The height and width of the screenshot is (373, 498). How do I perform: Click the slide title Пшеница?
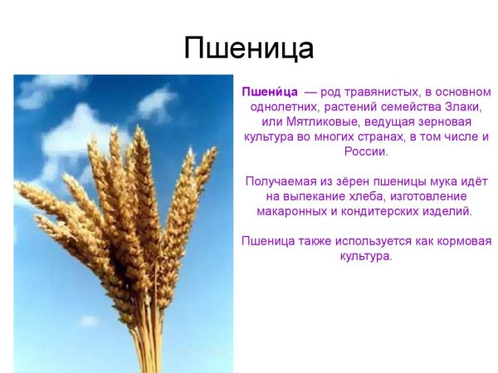click(x=248, y=48)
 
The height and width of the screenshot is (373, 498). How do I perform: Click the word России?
click(x=365, y=153)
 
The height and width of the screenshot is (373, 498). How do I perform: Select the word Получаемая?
click(x=281, y=182)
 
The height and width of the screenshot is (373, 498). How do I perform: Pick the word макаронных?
click(x=291, y=211)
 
